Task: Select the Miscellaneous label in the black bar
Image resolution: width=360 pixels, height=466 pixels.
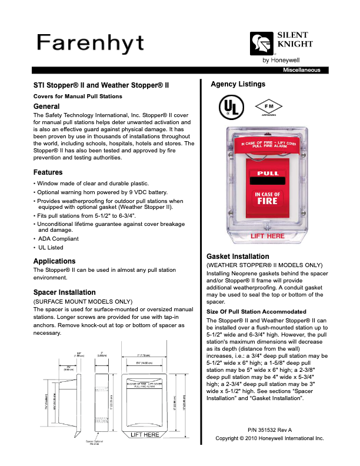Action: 302,70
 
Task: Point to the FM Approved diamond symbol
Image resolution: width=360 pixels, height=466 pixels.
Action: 265,106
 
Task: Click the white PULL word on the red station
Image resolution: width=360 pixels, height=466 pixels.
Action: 268,174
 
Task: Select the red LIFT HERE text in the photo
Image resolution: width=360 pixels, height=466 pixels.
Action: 268,236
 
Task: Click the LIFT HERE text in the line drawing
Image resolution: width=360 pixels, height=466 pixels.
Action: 145,435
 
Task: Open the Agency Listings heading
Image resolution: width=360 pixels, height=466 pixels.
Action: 238,85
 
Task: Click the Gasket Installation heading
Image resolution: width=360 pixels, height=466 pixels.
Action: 238,257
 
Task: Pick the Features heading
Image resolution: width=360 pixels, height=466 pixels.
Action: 48,172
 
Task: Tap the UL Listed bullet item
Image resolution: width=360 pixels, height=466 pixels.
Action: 52,248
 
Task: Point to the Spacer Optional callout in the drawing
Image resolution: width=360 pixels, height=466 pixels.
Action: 94,441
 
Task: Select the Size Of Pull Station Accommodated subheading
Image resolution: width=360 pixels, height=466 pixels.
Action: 256,311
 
